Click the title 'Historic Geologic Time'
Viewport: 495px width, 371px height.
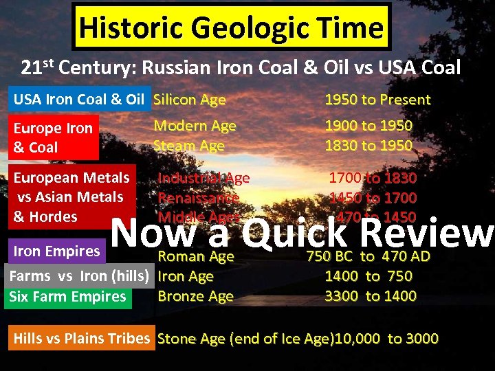tap(230, 28)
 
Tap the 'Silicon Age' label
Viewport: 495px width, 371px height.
tap(189, 100)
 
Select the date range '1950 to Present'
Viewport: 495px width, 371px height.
tap(377, 100)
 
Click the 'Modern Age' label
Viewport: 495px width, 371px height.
tap(195, 126)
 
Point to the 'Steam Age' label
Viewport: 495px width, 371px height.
tap(189, 146)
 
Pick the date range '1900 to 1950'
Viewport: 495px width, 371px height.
tap(368, 126)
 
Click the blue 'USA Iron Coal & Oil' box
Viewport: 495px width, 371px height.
tap(79, 100)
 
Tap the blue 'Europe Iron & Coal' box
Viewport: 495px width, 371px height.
tap(53, 137)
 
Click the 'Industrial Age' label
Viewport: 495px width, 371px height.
tap(204, 178)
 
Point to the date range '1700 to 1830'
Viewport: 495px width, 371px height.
tap(373, 178)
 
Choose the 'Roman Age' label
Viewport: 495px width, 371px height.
tap(196, 257)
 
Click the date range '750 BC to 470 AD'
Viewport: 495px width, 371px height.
tap(368, 257)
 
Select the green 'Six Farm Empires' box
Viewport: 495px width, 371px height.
tap(67, 297)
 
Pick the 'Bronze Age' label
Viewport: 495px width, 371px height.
tap(195, 297)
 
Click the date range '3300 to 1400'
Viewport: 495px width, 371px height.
tap(371, 296)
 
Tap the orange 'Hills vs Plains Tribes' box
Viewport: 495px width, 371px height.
tap(81, 338)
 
